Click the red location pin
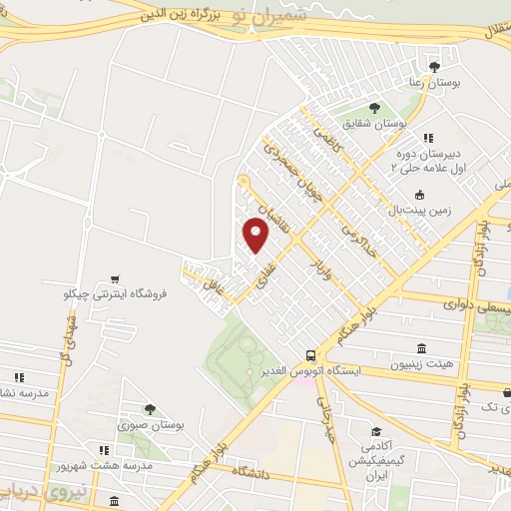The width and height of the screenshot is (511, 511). click(x=256, y=235)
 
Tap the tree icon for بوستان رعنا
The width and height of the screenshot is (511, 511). click(x=432, y=68)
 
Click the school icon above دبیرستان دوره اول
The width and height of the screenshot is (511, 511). click(x=427, y=138)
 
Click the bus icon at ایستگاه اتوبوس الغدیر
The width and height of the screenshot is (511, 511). click(x=311, y=354)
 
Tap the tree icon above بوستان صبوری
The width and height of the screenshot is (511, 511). click(x=150, y=408)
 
